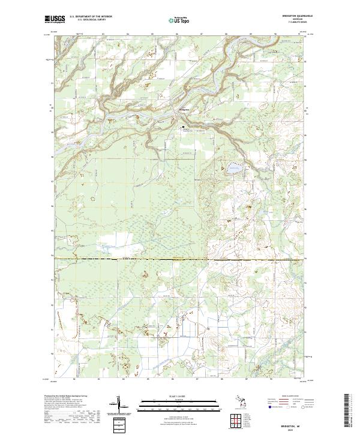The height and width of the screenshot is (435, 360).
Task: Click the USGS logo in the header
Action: (x=54, y=20)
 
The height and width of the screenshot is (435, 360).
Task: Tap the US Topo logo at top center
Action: (x=179, y=20)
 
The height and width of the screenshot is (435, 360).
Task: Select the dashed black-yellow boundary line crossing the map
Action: (x=180, y=260)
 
